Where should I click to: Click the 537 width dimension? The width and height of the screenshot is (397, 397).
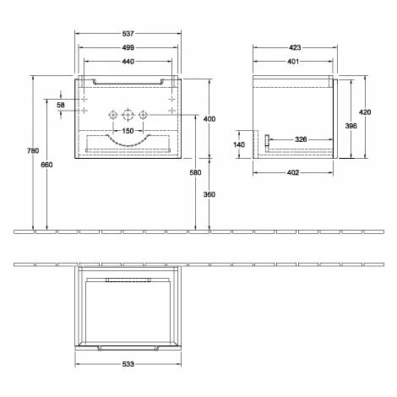point(128,35)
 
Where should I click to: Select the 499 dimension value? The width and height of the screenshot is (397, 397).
point(128,48)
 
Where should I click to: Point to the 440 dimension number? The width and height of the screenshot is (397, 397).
point(128,62)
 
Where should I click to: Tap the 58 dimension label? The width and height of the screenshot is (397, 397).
point(61,104)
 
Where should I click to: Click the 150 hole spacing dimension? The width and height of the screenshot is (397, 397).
point(128,130)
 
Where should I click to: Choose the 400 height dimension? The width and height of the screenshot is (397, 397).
point(209,118)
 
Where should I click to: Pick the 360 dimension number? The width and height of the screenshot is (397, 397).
point(209,195)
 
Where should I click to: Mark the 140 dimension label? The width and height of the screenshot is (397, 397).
point(239,144)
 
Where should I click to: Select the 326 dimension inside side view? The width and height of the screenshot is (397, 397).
point(300,139)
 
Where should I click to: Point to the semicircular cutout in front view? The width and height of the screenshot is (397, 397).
point(127,139)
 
